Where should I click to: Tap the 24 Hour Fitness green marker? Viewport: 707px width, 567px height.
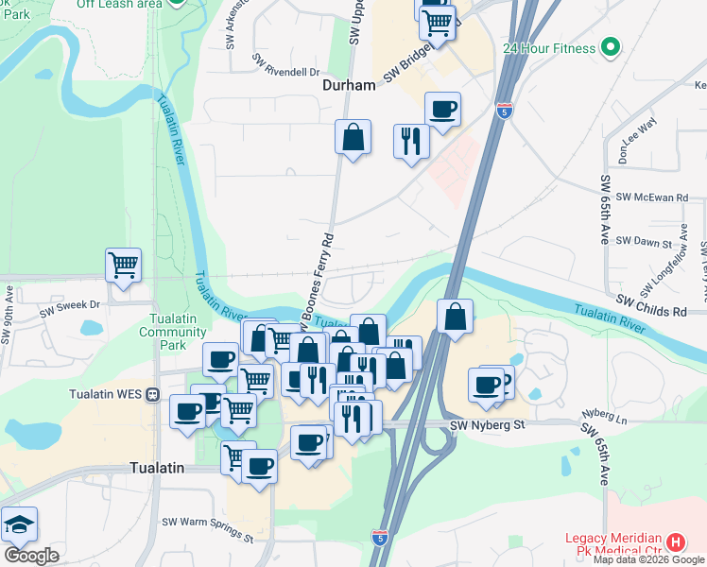(x=610, y=47)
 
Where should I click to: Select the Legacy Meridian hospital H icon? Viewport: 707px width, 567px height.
(x=676, y=542)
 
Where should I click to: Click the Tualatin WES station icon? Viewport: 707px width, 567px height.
(x=152, y=393)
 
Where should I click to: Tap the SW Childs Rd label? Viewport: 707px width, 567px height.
(x=652, y=311)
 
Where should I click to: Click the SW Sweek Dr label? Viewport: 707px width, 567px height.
(x=70, y=305)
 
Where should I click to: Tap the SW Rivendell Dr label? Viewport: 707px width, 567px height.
(x=285, y=64)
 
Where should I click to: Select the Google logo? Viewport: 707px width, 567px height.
(x=31, y=556)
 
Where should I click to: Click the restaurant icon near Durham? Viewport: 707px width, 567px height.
(x=411, y=142)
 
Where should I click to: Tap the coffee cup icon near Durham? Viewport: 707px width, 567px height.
(x=442, y=110)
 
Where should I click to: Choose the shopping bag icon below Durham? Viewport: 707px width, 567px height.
(x=353, y=137)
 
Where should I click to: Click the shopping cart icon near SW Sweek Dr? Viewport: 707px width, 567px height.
(x=123, y=266)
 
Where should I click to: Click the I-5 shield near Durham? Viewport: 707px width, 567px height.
(x=504, y=111)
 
